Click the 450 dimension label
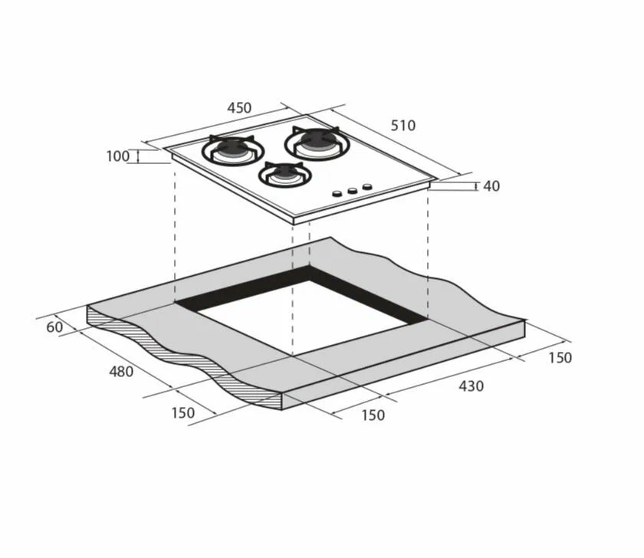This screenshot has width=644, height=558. [x=239, y=107]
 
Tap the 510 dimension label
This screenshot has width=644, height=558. [x=403, y=125]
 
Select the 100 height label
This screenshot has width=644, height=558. [x=118, y=156]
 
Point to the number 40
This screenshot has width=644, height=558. [x=491, y=186]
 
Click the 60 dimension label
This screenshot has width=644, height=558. [x=54, y=327]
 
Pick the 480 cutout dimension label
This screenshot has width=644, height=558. [x=121, y=372]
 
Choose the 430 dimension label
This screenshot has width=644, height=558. [x=471, y=386]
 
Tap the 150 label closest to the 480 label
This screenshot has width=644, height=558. [x=182, y=412]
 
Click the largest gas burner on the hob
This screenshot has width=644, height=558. [x=317, y=143]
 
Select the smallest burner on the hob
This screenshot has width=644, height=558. [x=285, y=175]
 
